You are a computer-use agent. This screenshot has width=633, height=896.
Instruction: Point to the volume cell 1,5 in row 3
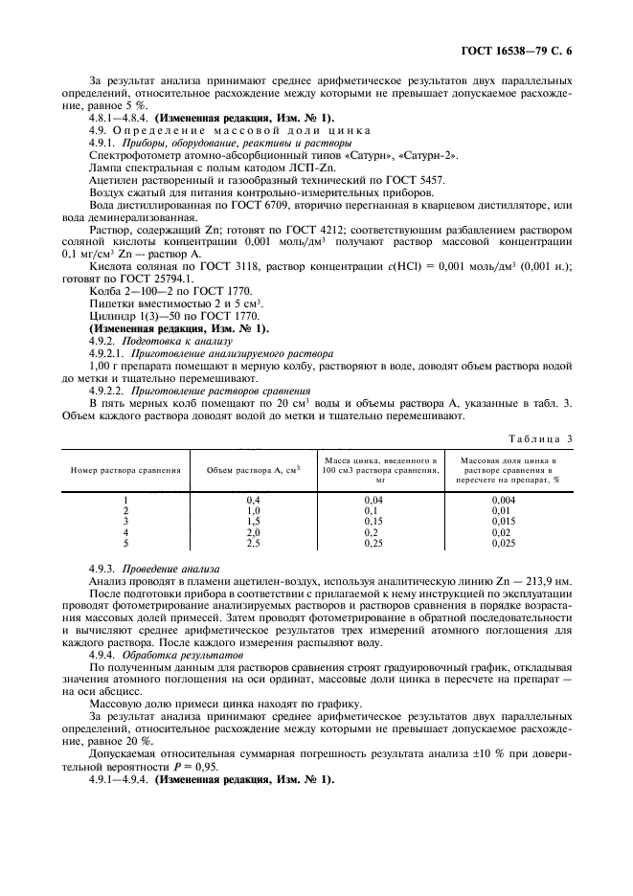[254, 521]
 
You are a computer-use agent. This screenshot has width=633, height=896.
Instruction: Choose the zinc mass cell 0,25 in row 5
[380, 543]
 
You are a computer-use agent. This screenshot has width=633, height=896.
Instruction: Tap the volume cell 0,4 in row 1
[254, 500]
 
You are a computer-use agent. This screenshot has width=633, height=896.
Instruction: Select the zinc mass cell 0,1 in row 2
[380, 510]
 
